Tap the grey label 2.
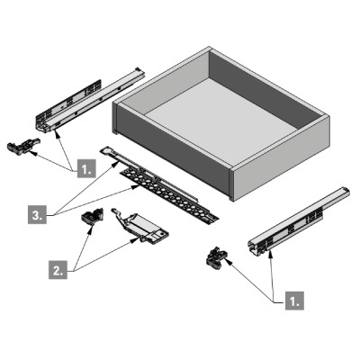[55, 268]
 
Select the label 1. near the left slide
[85, 168]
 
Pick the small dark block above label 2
[90, 216]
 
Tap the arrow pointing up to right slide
[271, 274]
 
